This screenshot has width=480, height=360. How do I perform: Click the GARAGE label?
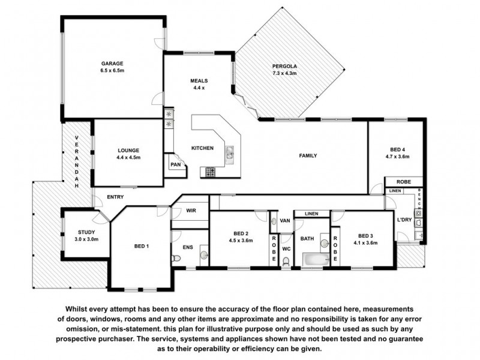(x=112, y=63)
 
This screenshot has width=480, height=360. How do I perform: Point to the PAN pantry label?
(x=175, y=164)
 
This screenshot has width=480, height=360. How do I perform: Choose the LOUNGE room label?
(x=128, y=150)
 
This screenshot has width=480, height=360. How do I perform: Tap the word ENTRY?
(x=116, y=197)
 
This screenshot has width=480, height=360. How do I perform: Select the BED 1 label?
(x=142, y=247)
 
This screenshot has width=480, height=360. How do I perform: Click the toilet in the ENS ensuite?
(x=176, y=258)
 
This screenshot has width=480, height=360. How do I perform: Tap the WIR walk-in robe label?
(x=191, y=211)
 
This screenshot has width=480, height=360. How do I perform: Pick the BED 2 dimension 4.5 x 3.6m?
(x=241, y=241)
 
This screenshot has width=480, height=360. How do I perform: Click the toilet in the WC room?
(x=286, y=260)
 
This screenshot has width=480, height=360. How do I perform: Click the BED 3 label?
(x=365, y=235)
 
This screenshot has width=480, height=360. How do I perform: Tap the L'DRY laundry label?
(x=404, y=220)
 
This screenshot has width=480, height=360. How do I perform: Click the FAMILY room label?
(x=308, y=156)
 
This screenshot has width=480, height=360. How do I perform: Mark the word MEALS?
(x=199, y=80)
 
